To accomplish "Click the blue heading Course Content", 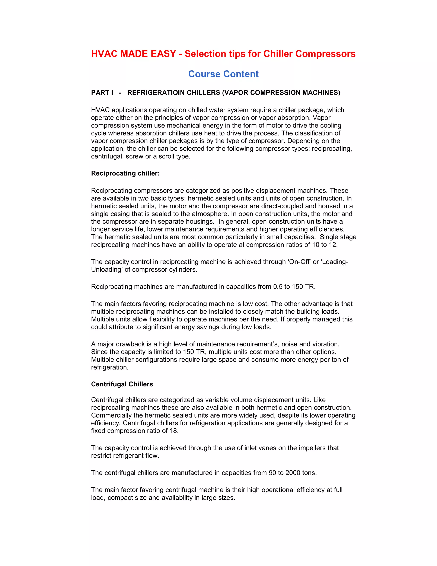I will tap(223, 74).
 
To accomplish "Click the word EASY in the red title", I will tap(163, 54).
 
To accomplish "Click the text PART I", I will tap(102, 93).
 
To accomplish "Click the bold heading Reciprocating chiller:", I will tap(125, 173).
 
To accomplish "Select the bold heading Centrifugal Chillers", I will tap(122, 384).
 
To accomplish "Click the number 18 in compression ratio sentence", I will tap(174, 431).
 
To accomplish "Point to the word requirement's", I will tap(262, 344).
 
